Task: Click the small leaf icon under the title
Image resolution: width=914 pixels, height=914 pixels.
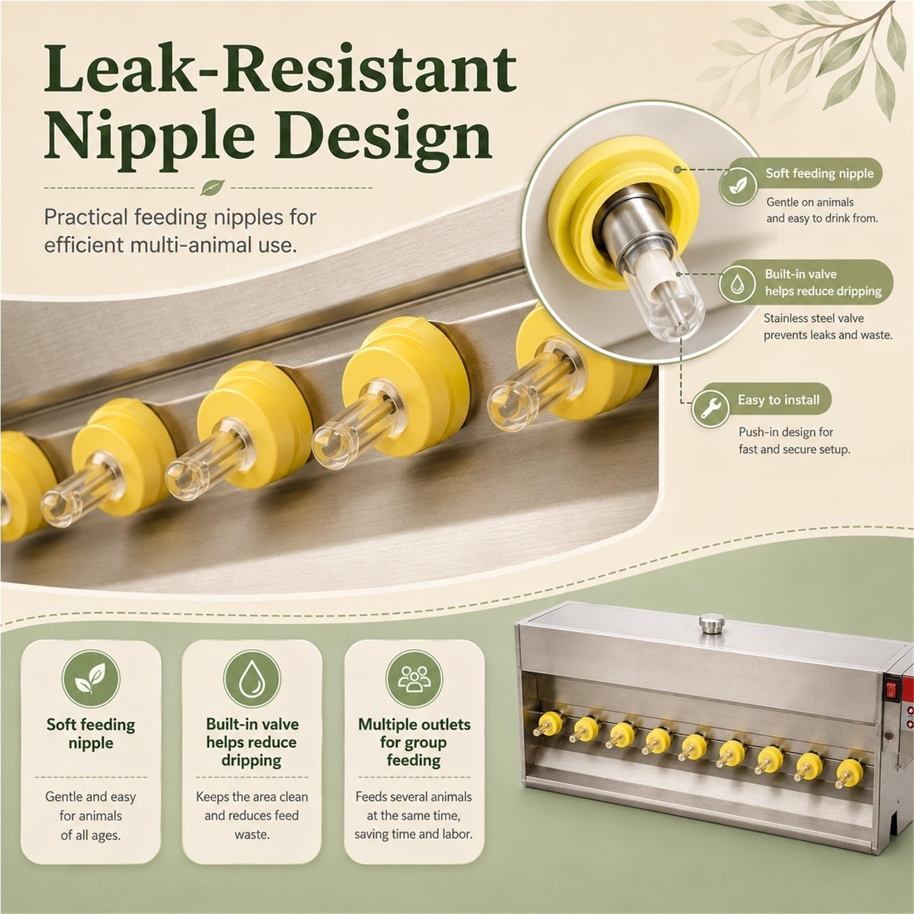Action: tap(216, 187)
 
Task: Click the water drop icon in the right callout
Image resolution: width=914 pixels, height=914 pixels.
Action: tap(737, 283)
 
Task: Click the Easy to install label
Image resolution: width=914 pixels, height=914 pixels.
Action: tap(779, 400)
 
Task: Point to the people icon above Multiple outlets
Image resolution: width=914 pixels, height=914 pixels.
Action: tap(414, 679)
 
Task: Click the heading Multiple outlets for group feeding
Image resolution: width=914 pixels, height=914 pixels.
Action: tap(414, 742)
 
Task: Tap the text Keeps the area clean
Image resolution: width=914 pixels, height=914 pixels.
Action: tap(252, 796)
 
